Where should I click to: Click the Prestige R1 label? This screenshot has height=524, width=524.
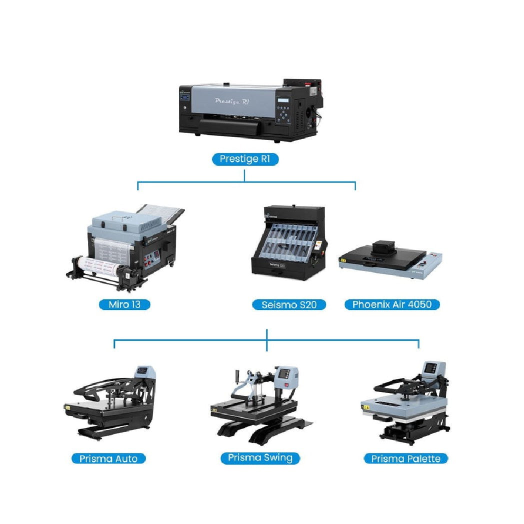coord(244,159)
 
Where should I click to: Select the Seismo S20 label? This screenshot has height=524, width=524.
coord(289,304)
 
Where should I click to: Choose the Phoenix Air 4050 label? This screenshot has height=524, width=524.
coord(392,304)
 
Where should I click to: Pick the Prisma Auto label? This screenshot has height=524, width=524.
coord(108,458)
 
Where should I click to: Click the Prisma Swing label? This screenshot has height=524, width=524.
coord(260,458)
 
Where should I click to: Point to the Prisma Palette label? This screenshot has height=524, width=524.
coord(405,458)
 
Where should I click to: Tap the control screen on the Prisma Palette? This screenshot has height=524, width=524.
coord(430,368)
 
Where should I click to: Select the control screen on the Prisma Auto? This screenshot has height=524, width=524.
coord(143,371)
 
